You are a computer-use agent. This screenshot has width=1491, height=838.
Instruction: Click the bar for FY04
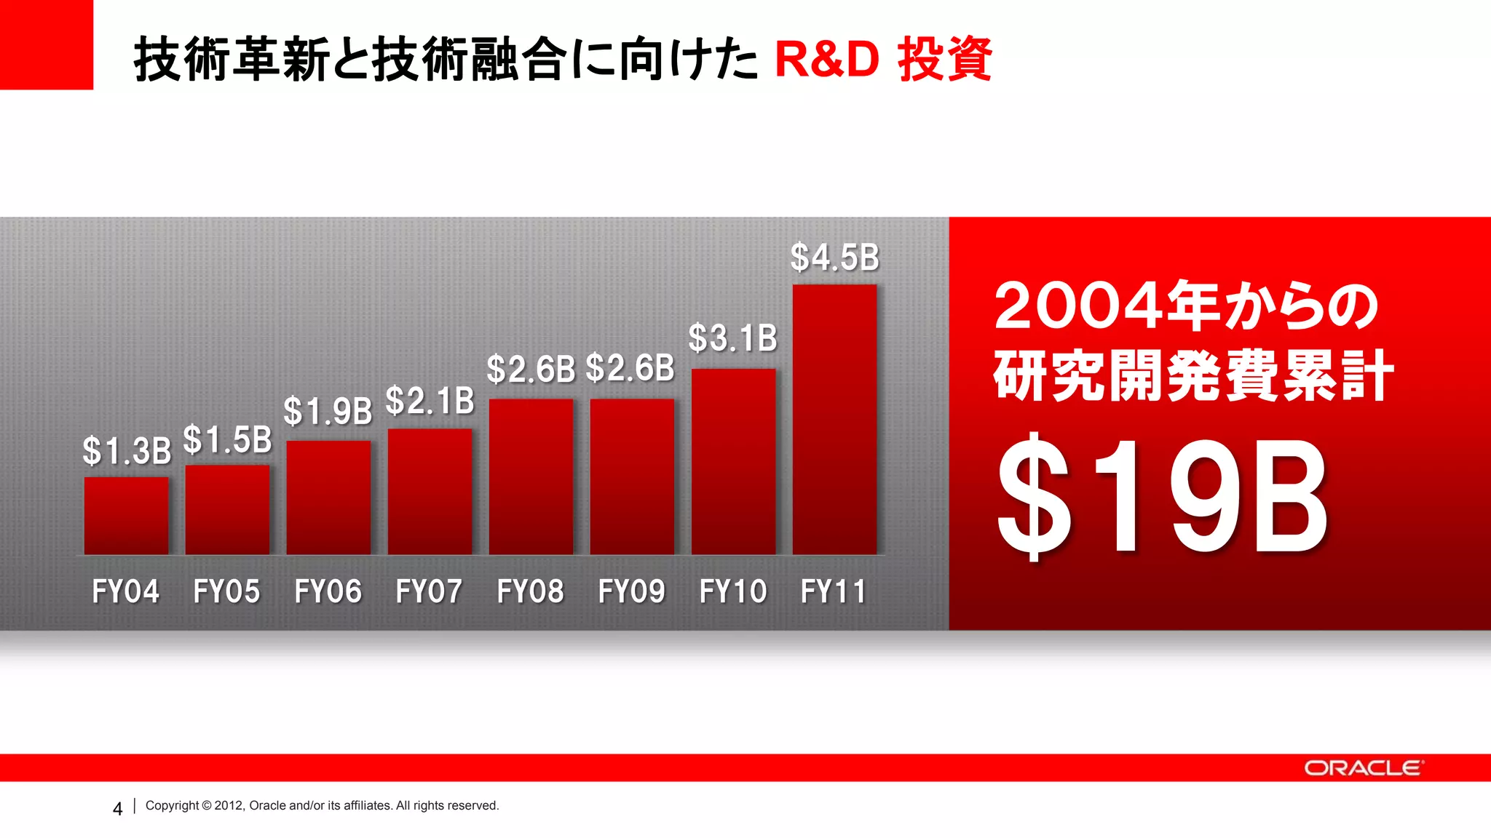(x=126, y=516)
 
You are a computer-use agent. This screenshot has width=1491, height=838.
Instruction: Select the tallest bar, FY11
(x=834, y=420)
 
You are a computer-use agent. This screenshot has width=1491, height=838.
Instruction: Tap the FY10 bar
(x=733, y=462)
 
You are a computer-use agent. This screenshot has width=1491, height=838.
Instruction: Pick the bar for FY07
(x=430, y=492)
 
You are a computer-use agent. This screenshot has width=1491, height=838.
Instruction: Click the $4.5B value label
(x=835, y=258)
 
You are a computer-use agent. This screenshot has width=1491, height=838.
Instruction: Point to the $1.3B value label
(x=127, y=451)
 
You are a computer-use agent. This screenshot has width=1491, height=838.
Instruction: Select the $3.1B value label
(x=733, y=338)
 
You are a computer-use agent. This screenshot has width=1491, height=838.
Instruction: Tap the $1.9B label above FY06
(x=328, y=412)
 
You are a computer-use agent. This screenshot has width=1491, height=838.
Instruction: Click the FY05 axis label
(x=226, y=591)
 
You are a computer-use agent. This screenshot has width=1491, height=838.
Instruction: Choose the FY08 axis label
(x=530, y=591)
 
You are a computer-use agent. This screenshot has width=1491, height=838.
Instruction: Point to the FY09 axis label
(x=631, y=591)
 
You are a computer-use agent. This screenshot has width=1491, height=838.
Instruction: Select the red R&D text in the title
(x=827, y=60)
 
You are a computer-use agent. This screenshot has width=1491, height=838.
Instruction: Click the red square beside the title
(x=47, y=44)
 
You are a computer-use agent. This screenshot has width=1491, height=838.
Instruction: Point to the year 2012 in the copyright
(x=228, y=806)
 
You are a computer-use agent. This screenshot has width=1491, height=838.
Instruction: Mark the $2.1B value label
(x=430, y=402)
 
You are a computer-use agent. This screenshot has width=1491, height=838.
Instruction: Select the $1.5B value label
(x=227, y=440)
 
